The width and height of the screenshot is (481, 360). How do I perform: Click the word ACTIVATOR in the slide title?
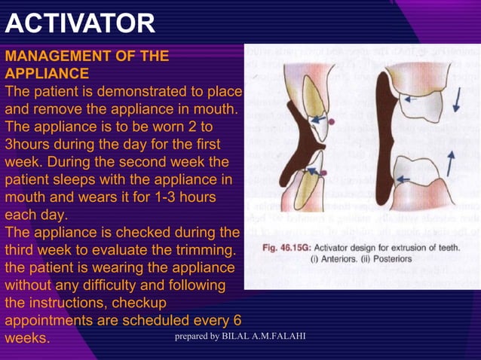pos(80,23)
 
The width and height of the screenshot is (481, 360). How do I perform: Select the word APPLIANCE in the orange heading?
pos(47,74)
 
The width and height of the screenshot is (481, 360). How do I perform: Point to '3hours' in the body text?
pos(28,143)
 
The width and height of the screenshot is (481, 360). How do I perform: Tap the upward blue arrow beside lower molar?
pos(450,163)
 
